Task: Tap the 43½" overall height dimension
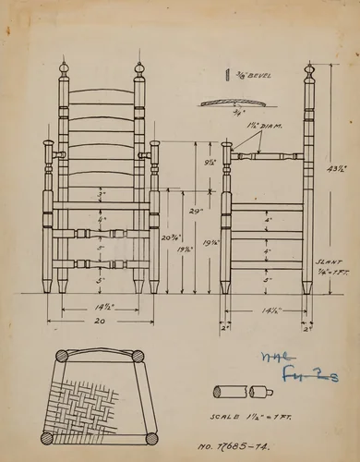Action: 338,169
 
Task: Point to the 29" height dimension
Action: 196,212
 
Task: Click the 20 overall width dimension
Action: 101,320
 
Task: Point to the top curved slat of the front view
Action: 101,93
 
